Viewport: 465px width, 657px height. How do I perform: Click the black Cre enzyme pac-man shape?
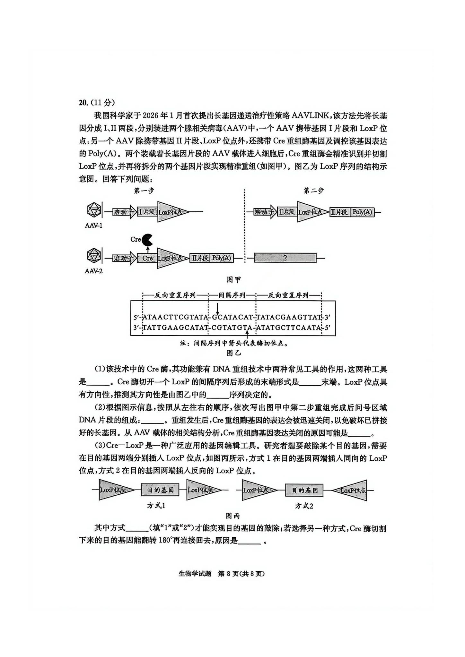pos(147,240)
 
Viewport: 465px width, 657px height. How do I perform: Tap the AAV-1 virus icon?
pos(94,210)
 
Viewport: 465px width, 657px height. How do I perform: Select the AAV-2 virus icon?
pos(94,256)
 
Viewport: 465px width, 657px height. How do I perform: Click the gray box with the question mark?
pos(285,258)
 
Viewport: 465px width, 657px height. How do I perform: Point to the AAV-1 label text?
pos(93,226)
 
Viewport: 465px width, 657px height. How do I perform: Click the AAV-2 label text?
pos(93,271)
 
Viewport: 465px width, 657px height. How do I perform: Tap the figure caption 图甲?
pos(234,280)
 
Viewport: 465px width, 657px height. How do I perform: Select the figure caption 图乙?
pos(233,353)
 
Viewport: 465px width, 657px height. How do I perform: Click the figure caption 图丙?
pos(232,516)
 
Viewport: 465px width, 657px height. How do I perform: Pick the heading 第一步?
pos(144,191)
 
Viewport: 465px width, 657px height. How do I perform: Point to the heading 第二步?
pos(313,191)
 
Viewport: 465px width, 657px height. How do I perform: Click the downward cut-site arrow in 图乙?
pos(217,309)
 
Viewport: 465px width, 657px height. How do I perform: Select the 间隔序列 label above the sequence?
pos(232,295)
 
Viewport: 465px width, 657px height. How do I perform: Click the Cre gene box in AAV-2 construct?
pos(147,258)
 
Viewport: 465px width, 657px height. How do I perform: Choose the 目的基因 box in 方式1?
pos(160,490)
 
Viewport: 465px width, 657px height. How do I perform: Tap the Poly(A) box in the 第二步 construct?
pos(362,212)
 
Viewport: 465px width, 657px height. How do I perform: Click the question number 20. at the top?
pos(83,102)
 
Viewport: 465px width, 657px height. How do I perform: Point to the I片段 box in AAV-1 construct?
pos(147,212)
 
